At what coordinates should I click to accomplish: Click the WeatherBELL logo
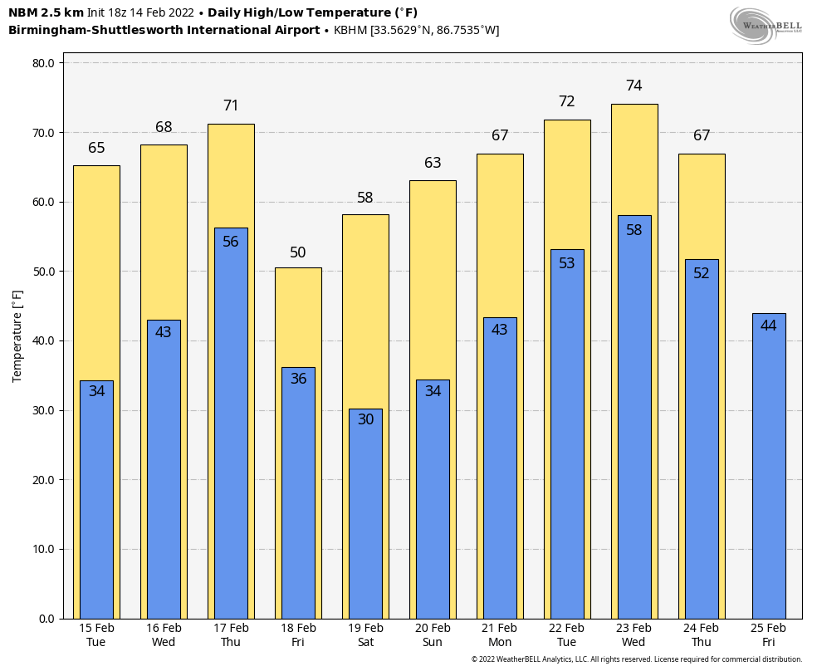pos(766,25)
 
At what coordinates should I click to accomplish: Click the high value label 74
pos(634,86)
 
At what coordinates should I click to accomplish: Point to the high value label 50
pos(298,252)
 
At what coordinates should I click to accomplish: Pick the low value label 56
pos(231,242)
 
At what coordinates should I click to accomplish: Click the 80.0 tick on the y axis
pos(42,63)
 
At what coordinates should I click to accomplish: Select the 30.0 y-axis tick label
pos(42,410)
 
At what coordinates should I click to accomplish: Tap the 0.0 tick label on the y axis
pos(46,619)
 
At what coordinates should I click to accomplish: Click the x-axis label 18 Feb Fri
pos(298,635)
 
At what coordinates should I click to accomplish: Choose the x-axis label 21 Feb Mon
pos(500,635)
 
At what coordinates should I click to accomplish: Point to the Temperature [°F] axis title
pos(17,335)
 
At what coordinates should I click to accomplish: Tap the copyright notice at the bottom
pos(637,659)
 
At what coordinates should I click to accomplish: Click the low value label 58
pos(634,230)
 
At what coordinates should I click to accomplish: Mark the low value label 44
pos(769,326)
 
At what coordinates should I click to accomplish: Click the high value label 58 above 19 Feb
pos(365,198)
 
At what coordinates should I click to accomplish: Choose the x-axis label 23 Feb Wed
pos(634,635)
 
